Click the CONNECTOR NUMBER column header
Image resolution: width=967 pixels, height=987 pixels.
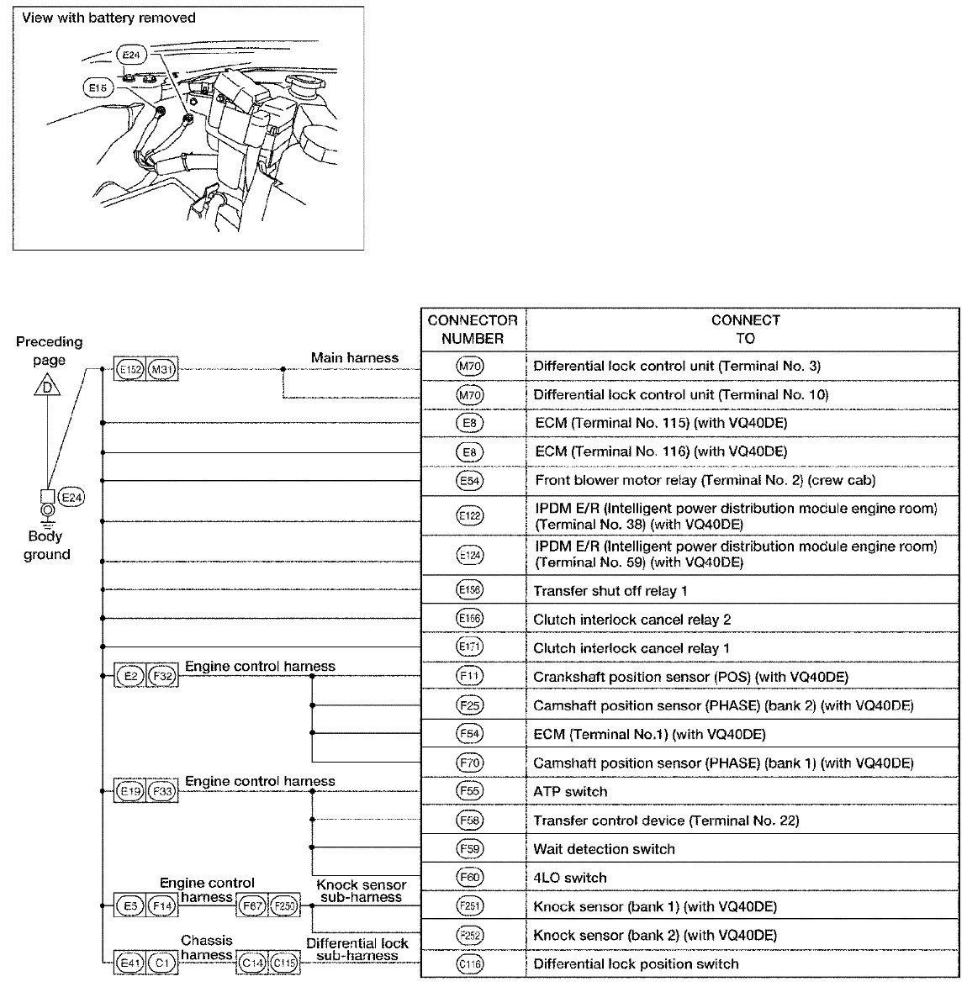(472, 330)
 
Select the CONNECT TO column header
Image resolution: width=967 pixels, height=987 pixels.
(744, 330)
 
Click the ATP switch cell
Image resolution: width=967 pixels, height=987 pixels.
(570, 792)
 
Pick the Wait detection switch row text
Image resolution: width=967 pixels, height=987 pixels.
(604, 849)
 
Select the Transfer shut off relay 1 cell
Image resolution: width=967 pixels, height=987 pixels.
(610, 591)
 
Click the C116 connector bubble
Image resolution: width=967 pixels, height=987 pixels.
(470, 964)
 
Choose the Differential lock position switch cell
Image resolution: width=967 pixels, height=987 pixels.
(636, 964)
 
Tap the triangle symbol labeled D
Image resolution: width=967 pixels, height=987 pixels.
(49, 388)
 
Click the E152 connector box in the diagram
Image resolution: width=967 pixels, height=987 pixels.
(129, 369)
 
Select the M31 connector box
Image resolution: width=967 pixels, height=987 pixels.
(162, 369)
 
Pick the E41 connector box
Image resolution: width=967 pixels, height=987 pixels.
(129, 963)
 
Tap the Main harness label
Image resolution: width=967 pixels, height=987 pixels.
(354, 358)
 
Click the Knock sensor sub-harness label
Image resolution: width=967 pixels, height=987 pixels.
(362, 891)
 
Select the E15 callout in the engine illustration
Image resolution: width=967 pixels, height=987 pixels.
(98, 87)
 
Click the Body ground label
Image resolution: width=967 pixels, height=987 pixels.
(46, 546)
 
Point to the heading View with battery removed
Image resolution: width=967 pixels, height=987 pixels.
(108, 18)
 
